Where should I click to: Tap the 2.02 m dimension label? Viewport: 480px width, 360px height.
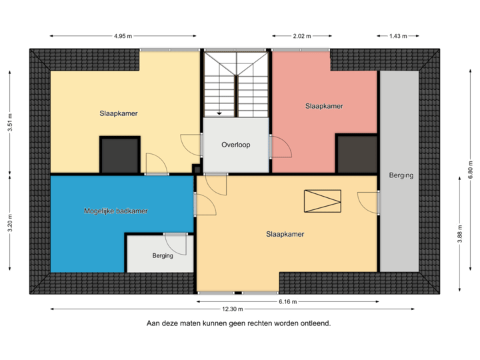tap(301, 36)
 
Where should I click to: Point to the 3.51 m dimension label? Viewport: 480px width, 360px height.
tap(10, 123)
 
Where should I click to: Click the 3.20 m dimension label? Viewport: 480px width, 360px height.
tap(10, 221)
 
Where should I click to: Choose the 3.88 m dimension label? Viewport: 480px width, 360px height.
tap(459, 234)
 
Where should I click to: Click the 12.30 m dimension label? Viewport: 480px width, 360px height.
tap(233, 309)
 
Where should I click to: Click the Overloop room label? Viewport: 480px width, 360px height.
tap(235, 145)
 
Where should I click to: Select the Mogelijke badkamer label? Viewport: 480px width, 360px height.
tap(116, 211)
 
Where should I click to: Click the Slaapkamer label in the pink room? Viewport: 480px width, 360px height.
tap(324, 106)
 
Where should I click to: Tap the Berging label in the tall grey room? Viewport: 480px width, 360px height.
tap(401, 175)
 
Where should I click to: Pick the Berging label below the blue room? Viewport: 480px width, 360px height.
tap(163, 255)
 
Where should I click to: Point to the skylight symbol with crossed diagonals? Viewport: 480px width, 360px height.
tap(322, 201)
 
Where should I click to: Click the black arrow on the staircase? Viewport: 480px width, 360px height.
tap(219, 113)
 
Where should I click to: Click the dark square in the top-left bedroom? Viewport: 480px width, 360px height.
tap(119, 155)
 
